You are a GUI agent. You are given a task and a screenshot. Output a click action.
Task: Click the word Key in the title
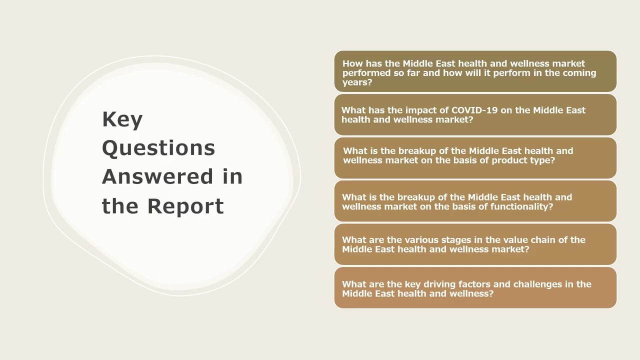click(122, 120)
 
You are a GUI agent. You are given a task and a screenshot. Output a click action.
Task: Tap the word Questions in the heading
click(158, 148)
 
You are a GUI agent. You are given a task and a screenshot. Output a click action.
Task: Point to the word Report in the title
click(185, 206)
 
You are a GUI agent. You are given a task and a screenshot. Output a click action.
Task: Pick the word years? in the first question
click(357, 82)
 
